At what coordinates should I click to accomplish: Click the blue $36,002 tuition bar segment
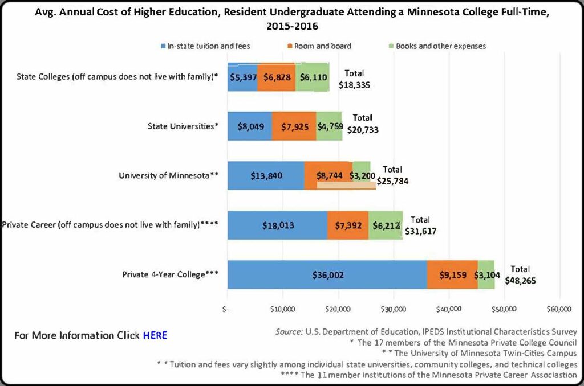point(327,274)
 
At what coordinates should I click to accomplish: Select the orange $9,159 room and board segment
point(452,274)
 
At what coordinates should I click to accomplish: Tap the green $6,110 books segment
point(313,77)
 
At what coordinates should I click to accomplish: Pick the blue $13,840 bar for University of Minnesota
point(266,176)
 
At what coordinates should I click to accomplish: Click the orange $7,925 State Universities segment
point(294,126)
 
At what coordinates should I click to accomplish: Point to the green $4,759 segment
point(329,126)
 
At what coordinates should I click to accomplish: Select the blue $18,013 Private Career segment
point(277,225)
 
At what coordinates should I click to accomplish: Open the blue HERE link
point(155,335)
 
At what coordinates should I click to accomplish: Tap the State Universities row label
point(182,126)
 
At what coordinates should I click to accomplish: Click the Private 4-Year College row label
point(170,274)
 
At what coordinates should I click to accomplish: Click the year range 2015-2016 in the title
point(292,26)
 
